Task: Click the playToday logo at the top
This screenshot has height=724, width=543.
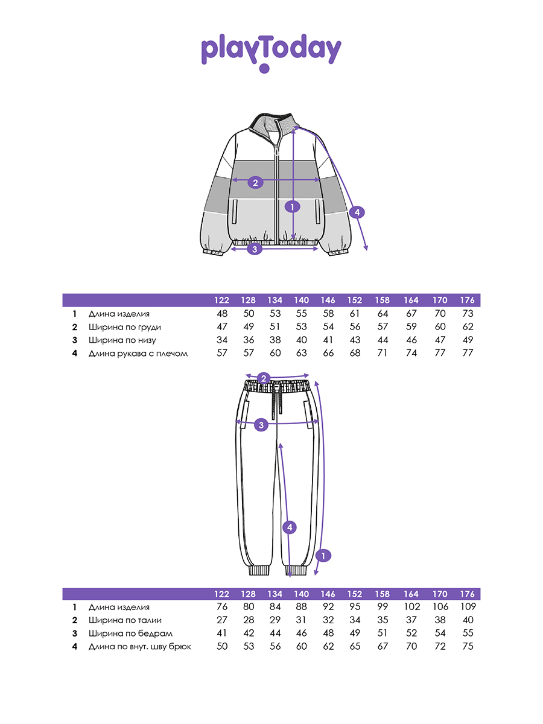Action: [x=271, y=52]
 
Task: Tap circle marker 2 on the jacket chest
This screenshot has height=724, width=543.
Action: [x=255, y=182]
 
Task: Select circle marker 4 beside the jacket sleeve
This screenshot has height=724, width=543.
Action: [x=357, y=212]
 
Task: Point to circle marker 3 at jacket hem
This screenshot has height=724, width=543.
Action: [x=255, y=249]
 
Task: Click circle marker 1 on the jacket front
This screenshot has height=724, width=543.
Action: [x=292, y=207]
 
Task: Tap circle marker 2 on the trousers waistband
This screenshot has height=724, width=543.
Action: [x=264, y=378]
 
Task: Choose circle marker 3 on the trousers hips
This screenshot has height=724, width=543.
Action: [x=261, y=425]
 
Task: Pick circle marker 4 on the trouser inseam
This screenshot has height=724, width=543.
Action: [x=290, y=527]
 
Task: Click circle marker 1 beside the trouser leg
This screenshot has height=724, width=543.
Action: [x=323, y=556]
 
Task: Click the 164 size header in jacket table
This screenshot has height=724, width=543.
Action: [x=411, y=300]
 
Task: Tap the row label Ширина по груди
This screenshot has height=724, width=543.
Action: [x=125, y=327]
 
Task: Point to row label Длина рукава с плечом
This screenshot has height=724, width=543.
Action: [x=138, y=354]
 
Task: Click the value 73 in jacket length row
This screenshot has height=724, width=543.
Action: [x=468, y=313]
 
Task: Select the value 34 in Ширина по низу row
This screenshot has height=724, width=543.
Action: [x=222, y=340]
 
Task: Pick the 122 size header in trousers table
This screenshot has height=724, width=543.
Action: [x=221, y=594]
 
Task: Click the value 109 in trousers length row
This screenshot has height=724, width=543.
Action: [x=468, y=606]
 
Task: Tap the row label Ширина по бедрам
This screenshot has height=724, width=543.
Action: [x=130, y=634]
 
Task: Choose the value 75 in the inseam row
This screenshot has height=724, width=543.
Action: [x=468, y=646]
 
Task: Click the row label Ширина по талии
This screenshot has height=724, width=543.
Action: [x=125, y=620]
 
